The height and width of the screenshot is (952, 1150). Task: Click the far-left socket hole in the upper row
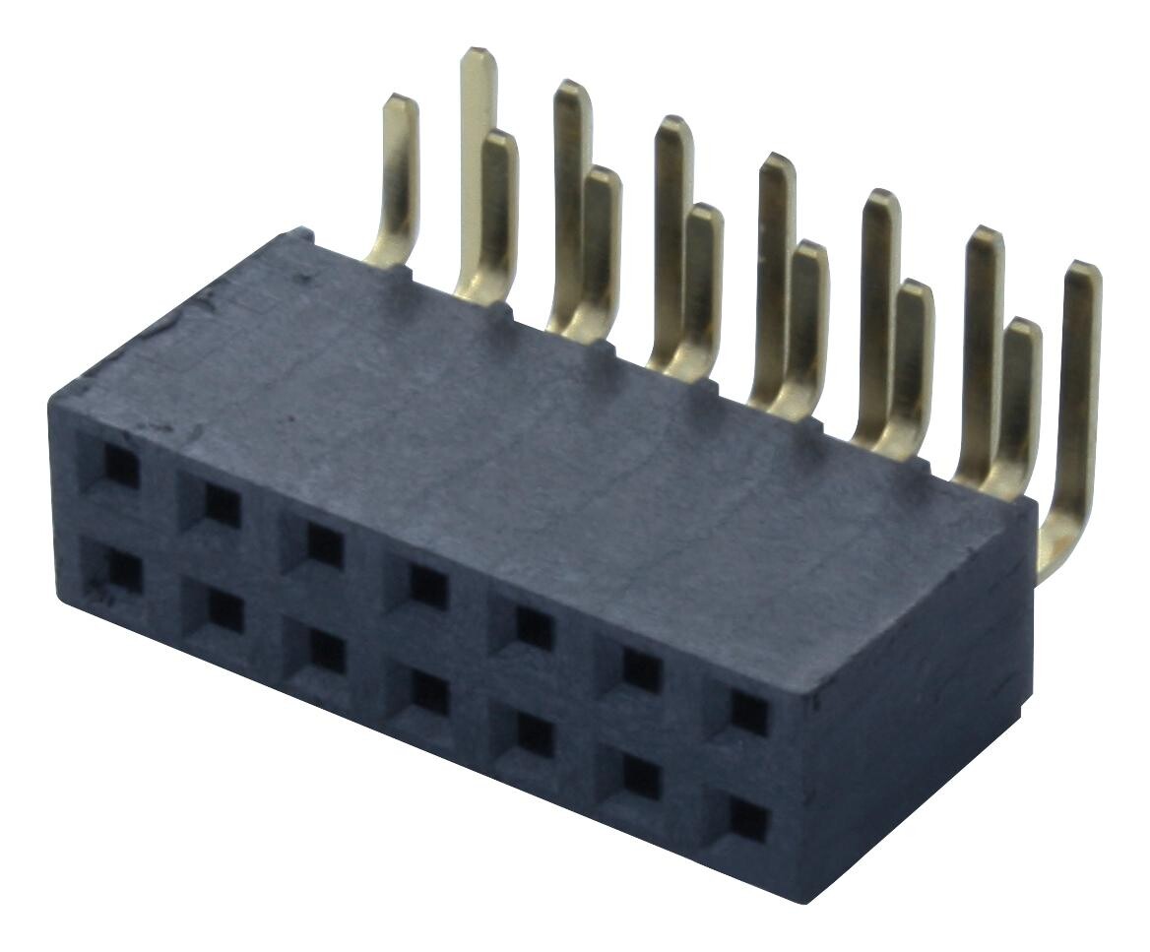click(x=121, y=467)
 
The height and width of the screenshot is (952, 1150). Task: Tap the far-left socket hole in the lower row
click(x=124, y=572)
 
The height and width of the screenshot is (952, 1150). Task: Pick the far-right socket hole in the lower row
click(x=749, y=819)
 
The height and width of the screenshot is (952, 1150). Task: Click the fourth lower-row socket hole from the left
click(x=429, y=694)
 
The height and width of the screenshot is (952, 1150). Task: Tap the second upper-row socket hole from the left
click(x=223, y=506)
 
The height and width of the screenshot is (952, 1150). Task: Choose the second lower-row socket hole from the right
click(x=642, y=777)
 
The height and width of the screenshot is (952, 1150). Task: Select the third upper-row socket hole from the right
click(x=534, y=628)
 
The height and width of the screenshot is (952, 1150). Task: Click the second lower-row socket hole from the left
click(x=225, y=613)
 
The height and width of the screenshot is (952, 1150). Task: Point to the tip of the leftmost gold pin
click(x=400, y=100)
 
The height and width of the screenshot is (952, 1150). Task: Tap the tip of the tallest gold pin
click(x=478, y=54)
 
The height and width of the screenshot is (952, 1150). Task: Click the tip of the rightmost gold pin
click(x=1084, y=269)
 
